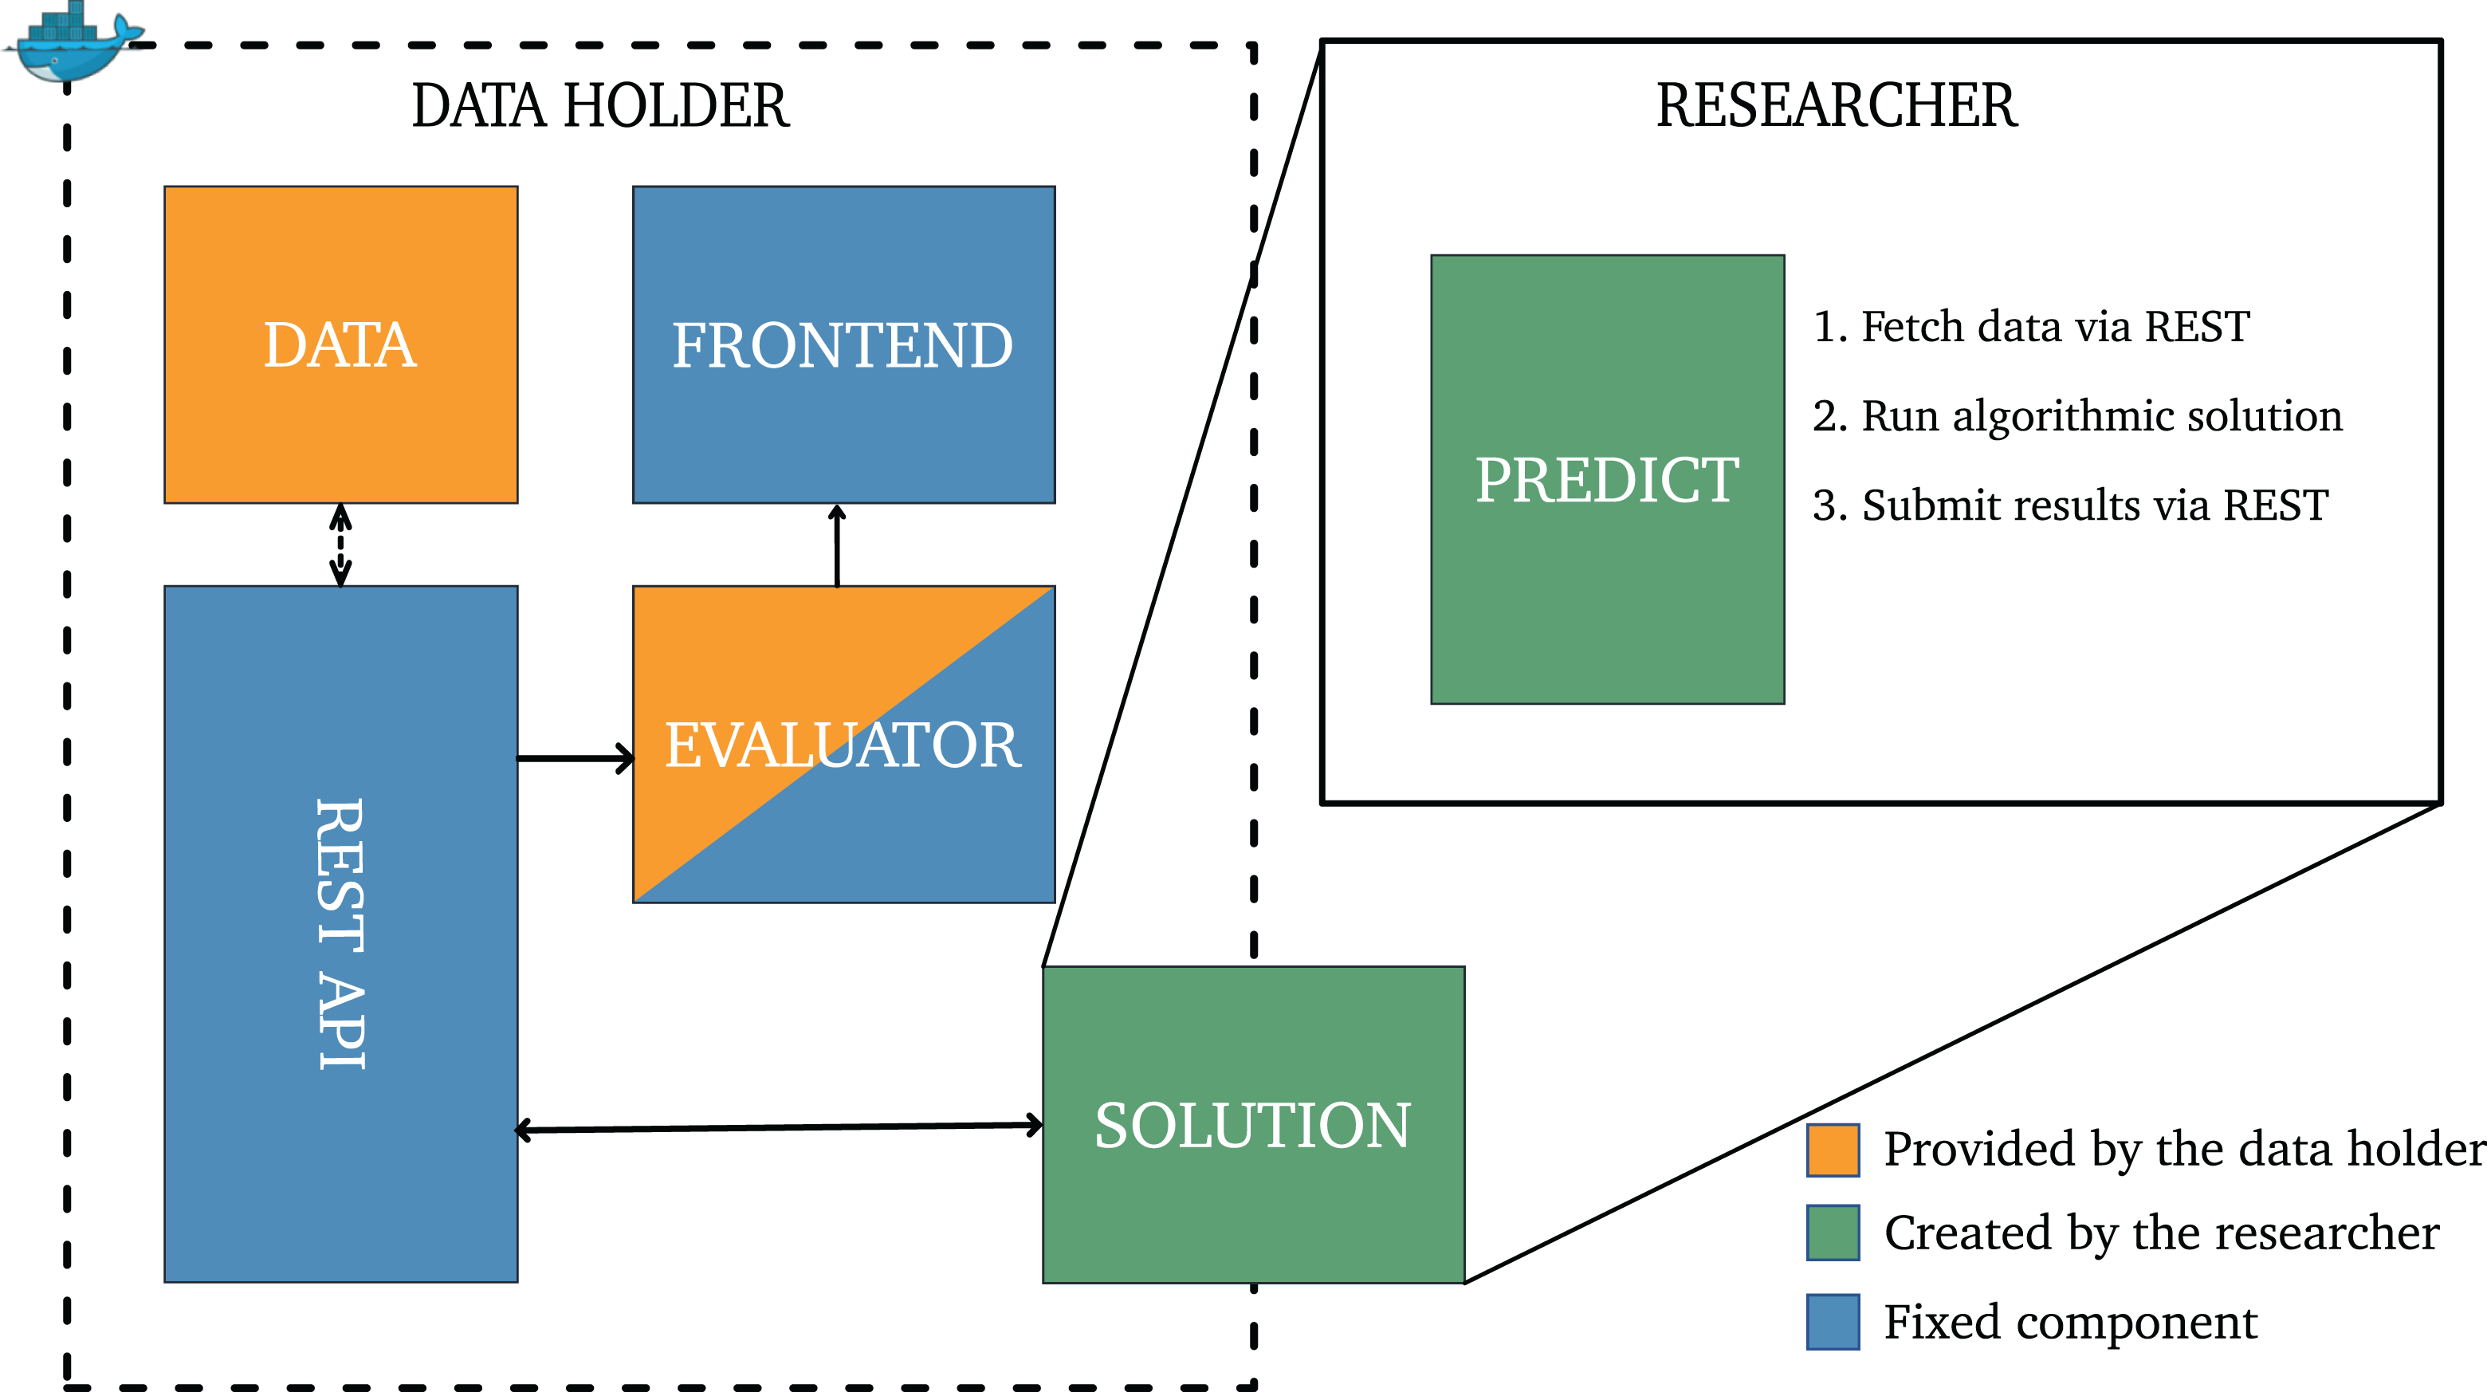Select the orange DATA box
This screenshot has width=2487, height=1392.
point(341,344)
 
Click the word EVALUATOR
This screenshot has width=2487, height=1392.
point(843,745)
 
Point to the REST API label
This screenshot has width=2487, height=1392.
point(341,934)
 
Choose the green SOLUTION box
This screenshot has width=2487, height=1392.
point(1253,1125)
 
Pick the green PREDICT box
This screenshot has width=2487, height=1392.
point(1608,480)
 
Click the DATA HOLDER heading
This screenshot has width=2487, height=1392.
point(600,105)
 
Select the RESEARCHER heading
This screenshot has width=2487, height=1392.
point(1837,105)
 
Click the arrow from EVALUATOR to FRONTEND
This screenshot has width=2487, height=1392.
point(837,545)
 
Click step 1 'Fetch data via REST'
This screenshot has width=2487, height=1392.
point(2031,326)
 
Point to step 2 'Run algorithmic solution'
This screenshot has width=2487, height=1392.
point(2077,416)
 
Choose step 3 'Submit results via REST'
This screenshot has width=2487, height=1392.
point(2071,505)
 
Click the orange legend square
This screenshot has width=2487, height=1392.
point(1833,1150)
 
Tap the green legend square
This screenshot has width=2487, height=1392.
point(1833,1233)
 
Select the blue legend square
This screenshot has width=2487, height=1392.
point(1833,1322)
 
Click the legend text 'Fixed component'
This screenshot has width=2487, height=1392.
point(2071,1323)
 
